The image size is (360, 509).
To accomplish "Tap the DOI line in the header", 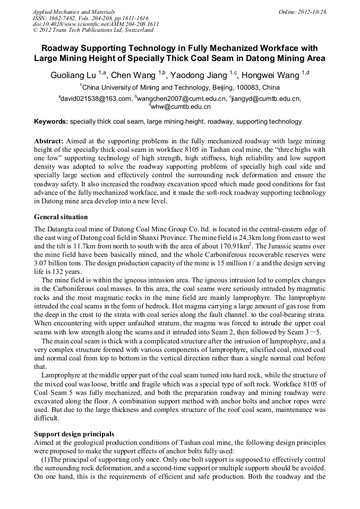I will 96,24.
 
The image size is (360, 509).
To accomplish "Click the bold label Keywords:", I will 51,122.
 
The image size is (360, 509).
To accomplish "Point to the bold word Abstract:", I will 49,141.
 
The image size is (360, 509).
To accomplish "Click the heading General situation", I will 61,217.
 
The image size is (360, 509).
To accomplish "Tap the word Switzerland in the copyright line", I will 138,30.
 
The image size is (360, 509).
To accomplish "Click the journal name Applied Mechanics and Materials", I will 73,11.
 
